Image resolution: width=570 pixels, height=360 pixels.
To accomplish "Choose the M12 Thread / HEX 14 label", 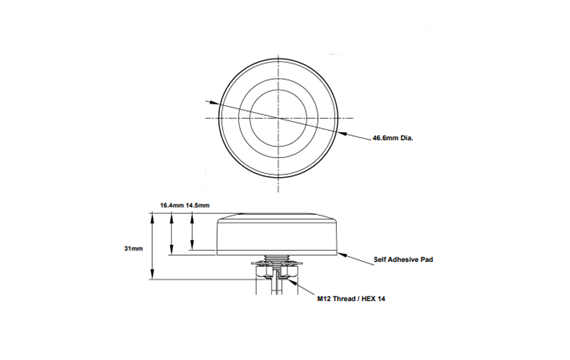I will (352, 299).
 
